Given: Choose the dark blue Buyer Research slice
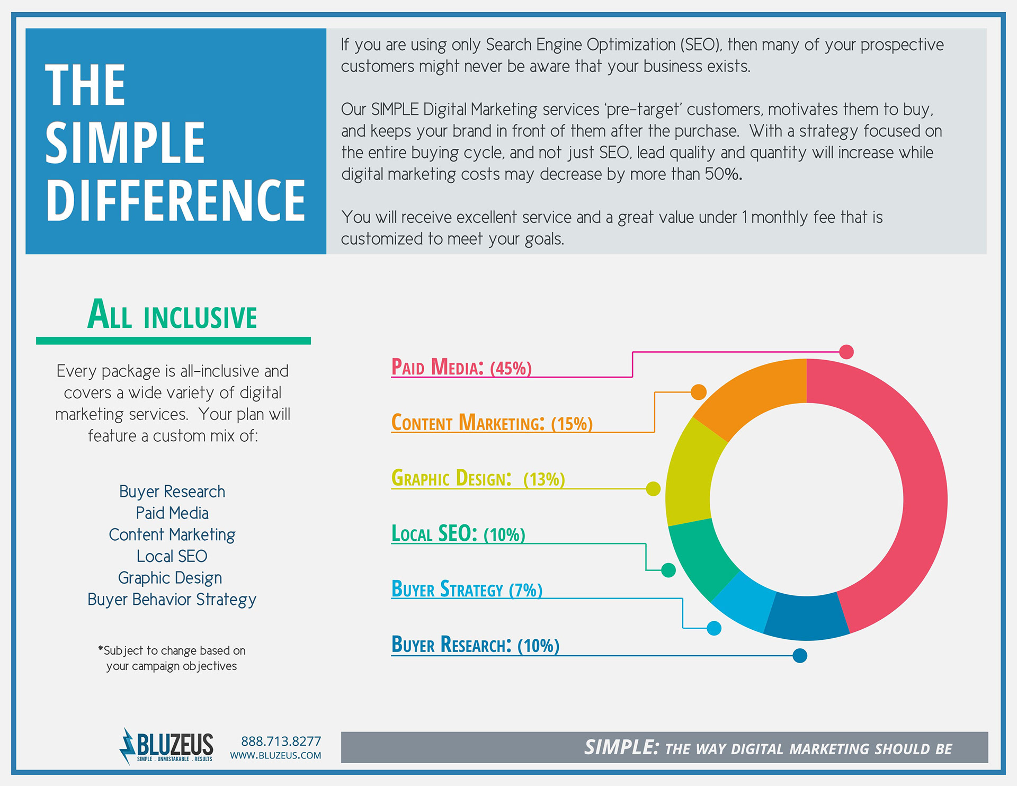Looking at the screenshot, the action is [806, 617].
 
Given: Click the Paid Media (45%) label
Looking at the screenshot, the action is [461, 367].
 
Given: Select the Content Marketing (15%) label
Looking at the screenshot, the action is [492, 423].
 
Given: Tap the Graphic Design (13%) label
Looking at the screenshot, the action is [478, 478].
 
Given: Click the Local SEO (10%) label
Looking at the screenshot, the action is [458, 533].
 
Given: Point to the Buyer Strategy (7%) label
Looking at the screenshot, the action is [467, 589].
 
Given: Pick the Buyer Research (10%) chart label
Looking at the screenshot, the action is [475, 645].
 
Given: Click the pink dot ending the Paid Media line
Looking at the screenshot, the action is [846, 352].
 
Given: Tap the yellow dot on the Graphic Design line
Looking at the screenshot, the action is [653, 489].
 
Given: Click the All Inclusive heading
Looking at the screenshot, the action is [172, 315].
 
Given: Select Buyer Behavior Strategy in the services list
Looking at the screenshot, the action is [172, 600].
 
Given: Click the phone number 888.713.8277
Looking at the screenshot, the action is [281, 741].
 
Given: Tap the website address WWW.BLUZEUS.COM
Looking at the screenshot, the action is [275, 756].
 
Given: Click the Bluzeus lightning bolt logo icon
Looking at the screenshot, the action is [127, 746].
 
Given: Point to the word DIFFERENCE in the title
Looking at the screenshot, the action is [175, 200].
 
